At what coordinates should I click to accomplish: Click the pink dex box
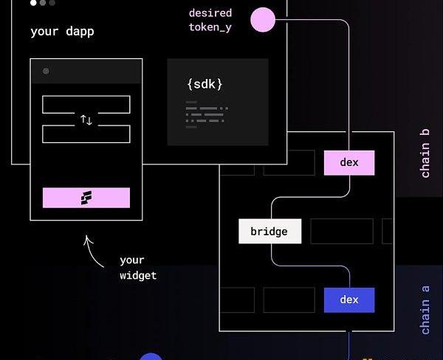349,163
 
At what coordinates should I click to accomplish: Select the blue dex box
349,300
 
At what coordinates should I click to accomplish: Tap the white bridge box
269,232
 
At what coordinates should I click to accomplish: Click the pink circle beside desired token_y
263,20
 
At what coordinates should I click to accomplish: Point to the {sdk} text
205,84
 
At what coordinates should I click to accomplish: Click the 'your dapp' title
62,32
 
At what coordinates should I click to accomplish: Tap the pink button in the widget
86,198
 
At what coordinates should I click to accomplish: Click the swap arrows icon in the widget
86,120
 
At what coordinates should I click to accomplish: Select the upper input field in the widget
86,104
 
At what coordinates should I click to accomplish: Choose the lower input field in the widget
86,134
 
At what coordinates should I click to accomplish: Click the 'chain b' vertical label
425,153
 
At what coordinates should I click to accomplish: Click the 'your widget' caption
137,268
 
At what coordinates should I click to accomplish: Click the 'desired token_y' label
210,20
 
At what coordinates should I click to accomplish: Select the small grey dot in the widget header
46,72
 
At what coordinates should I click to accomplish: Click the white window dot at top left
33,3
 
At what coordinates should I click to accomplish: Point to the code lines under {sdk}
207,114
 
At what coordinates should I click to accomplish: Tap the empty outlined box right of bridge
341,231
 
